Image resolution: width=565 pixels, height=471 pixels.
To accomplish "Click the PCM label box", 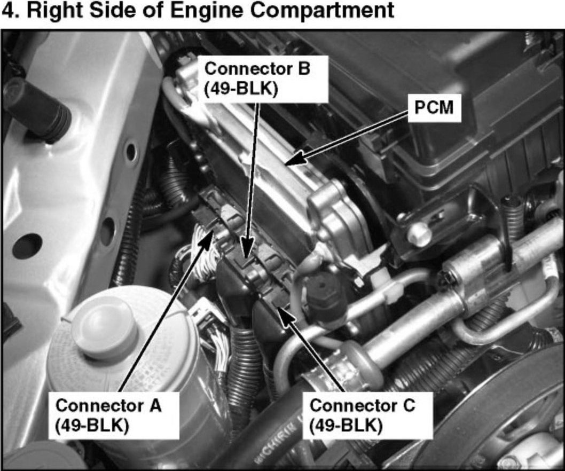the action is [434, 108].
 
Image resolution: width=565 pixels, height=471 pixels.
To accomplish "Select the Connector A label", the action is [114, 415].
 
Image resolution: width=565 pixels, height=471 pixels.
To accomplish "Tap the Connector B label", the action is [263, 79].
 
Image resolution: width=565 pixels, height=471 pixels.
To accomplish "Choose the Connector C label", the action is [367, 415].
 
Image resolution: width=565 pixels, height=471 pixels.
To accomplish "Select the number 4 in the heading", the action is [9, 10].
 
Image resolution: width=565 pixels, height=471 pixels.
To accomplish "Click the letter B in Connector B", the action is [303, 69].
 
